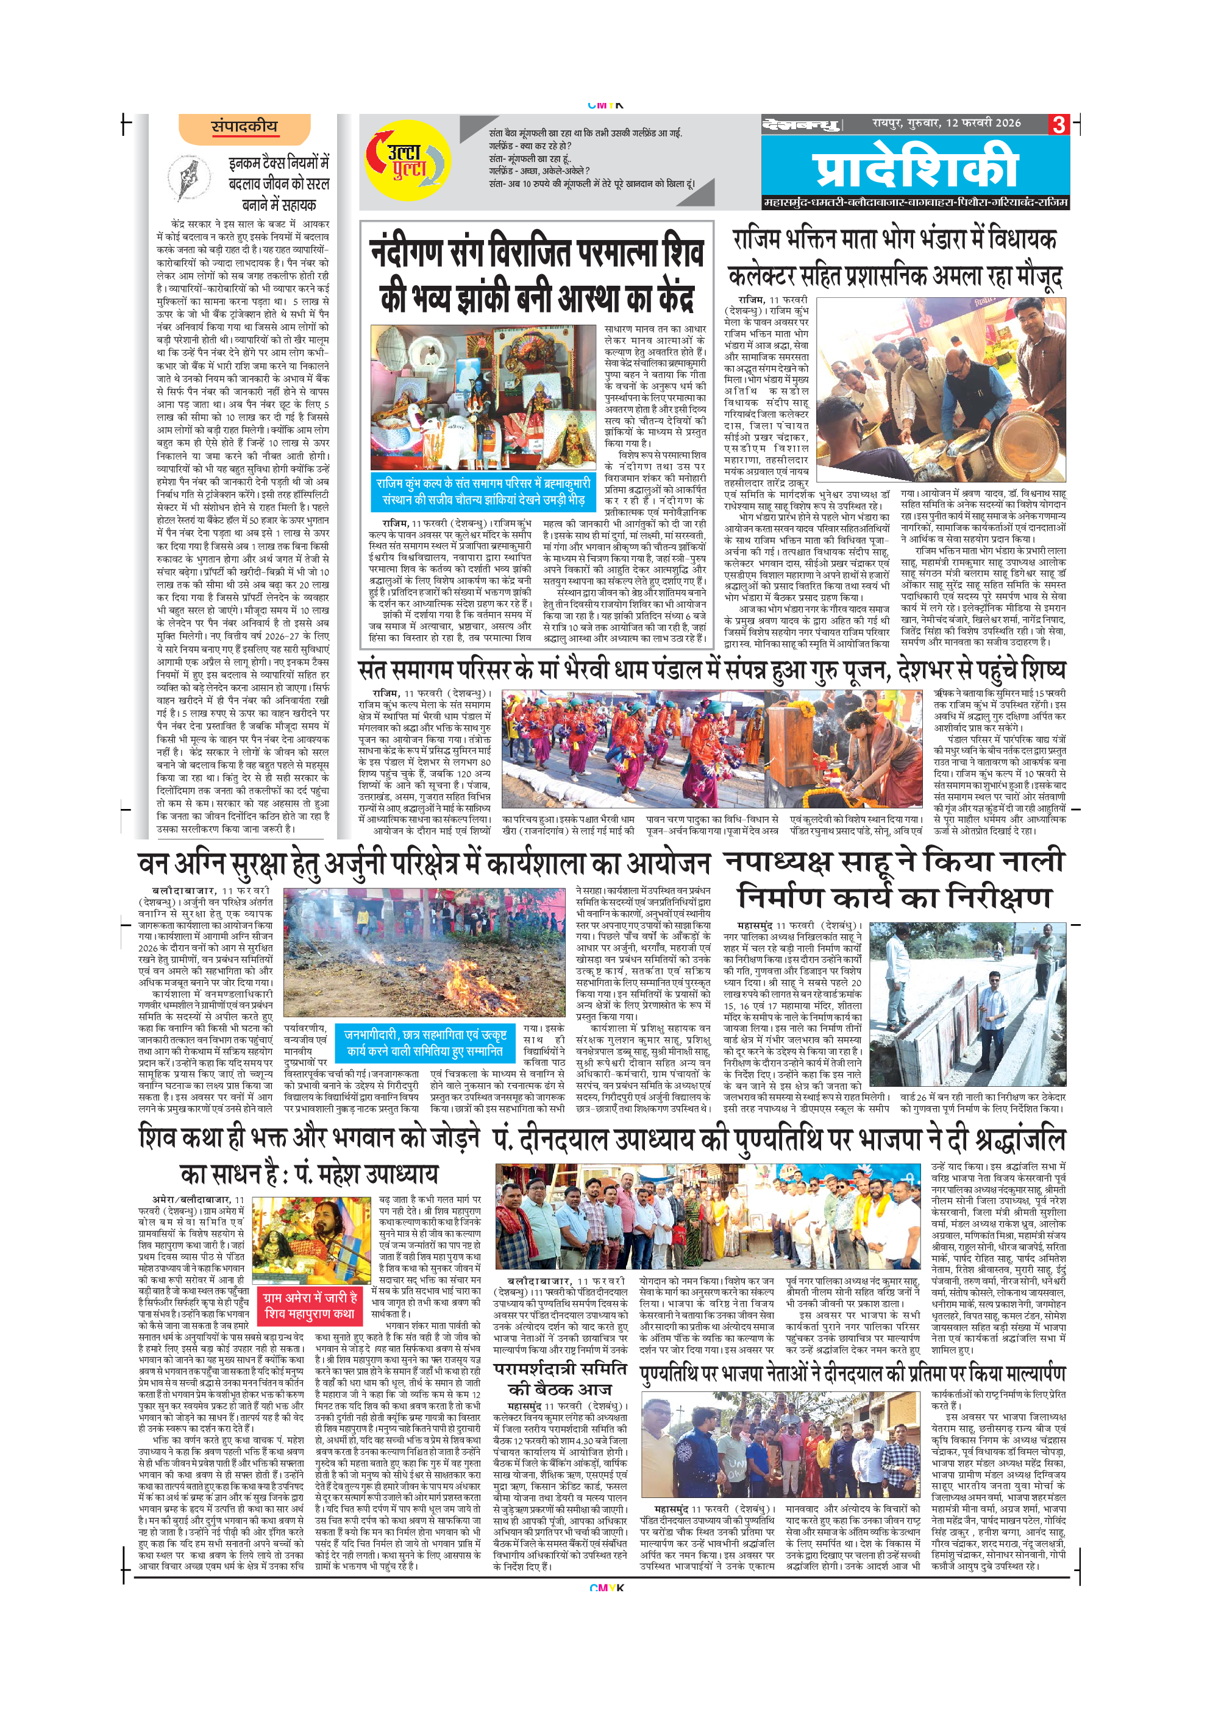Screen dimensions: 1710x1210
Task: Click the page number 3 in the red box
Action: [x=1059, y=124]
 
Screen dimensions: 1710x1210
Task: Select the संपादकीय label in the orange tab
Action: [x=244, y=127]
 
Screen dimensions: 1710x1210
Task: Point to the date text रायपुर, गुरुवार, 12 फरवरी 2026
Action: [x=946, y=123]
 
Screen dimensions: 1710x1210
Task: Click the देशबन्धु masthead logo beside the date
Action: [x=801, y=124]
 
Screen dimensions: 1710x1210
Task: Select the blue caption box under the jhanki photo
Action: [x=484, y=492]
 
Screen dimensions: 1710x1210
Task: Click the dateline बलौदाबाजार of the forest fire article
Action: [x=184, y=891]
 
